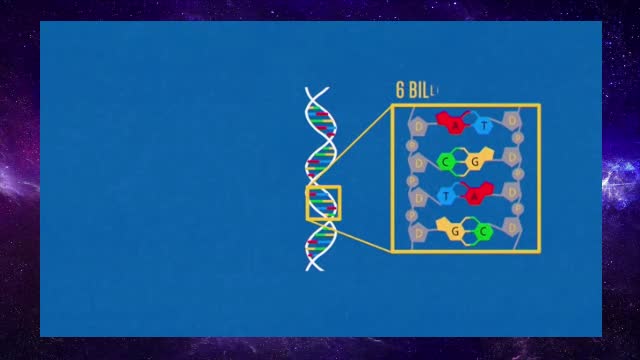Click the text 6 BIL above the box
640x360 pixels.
(415, 90)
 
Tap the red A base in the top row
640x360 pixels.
(455, 125)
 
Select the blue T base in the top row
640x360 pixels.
(484, 126)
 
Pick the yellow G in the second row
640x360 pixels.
(477, 161)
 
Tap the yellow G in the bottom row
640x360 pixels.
(455, 231)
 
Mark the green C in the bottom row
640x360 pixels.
(483, 231)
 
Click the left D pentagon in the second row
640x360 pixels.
(419, 161)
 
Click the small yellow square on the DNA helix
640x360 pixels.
(323, 203)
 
